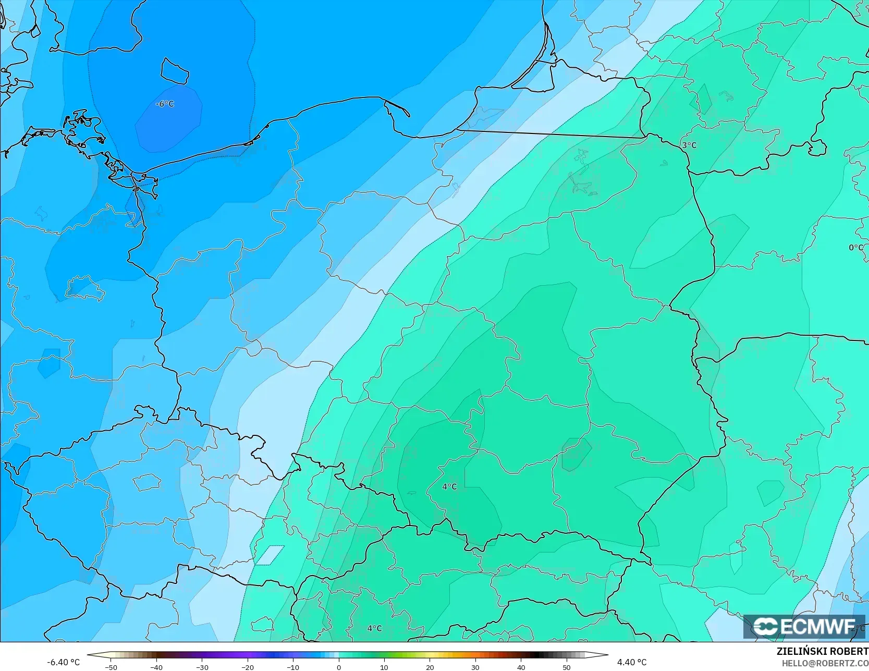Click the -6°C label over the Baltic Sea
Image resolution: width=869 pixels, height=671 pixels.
(x=165, y=104)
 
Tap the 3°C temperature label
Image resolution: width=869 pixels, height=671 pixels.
(x=689, y=145)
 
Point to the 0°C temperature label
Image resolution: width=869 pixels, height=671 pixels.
(x=856, y=248)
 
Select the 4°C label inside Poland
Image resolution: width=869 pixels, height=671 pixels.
(x=449, y=486)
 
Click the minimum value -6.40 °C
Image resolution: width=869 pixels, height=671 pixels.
(x=64, y=662)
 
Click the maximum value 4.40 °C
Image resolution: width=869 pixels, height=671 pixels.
(x=632, y=662)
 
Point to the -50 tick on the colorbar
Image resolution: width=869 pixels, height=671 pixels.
(x=111, y=667)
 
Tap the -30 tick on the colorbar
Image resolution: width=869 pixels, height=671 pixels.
(x=202, y=667)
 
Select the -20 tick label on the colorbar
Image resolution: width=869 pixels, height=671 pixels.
(x=248, y=667)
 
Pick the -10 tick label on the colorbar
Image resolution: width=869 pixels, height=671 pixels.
(x=293, y=667)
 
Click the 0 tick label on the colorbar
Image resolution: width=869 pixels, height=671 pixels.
(x=339, y=667)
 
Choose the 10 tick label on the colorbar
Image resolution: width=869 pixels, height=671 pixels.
(x=384, y=667)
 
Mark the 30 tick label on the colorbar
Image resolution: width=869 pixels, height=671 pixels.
(x=475, y=667)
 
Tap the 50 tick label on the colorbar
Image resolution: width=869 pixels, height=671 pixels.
(x=567, y=667)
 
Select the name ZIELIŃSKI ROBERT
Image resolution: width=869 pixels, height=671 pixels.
(x=822, y=651)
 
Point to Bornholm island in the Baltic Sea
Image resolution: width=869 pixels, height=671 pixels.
(x=174, y=71)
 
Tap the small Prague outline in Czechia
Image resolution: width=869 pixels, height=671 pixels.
(x=146, y=482)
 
